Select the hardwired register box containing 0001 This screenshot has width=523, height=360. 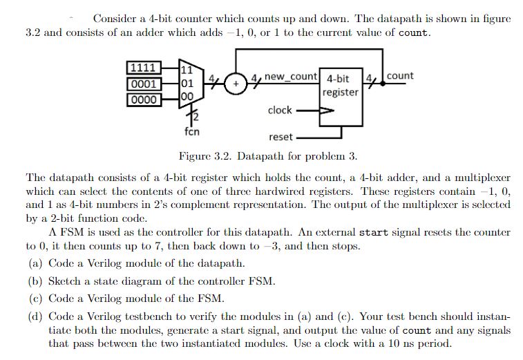(x=144, y=84)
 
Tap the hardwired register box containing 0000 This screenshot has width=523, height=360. (x=144, y=99)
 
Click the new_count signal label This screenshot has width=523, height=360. (x=290, y=76)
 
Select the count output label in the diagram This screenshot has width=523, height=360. (x=400, y=75)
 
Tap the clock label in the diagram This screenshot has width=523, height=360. (x=280, y=110)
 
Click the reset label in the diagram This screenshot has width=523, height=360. (x=280, y=137)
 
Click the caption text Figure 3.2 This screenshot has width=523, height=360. (x=205, y=155)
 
